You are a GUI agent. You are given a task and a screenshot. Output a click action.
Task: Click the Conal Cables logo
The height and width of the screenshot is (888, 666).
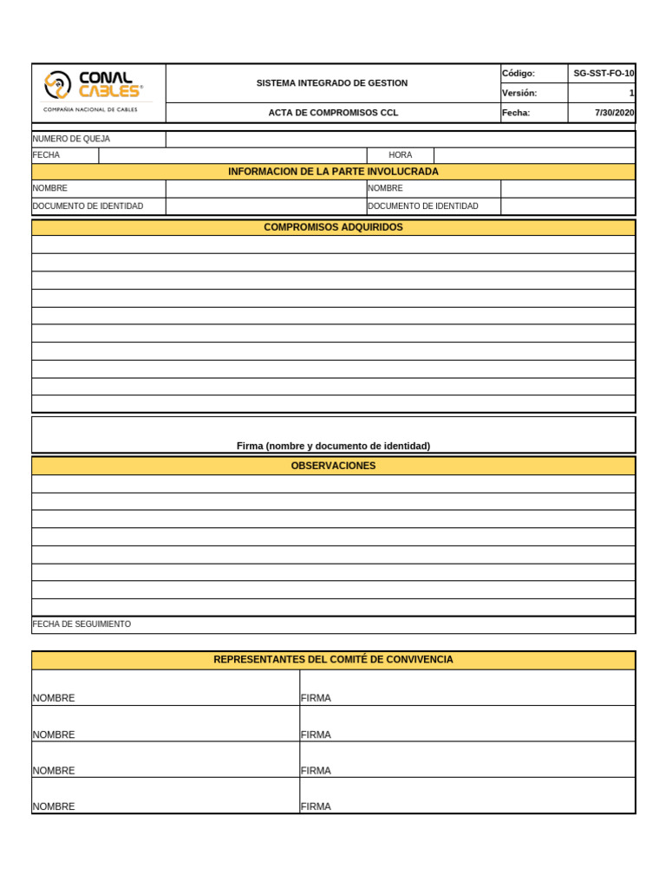click(94, 84)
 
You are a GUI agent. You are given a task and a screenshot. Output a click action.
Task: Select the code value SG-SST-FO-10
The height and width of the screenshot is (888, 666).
click(604, 74)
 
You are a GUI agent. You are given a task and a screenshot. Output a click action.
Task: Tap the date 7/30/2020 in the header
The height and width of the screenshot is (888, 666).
click(614, 113)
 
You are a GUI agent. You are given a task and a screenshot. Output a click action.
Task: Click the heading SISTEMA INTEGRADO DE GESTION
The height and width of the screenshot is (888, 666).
click(332, 83)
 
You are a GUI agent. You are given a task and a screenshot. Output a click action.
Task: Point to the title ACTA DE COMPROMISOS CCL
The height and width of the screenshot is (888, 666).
click(333, 113)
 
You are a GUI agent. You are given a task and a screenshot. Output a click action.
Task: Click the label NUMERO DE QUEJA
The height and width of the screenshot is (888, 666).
click(71, 139)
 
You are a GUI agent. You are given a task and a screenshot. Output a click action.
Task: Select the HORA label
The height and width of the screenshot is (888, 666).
click(401, 155)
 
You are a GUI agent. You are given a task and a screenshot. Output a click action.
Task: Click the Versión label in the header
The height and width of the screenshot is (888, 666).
click(519, 93)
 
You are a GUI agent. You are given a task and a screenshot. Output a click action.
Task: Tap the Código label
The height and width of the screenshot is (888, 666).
click(519, 74)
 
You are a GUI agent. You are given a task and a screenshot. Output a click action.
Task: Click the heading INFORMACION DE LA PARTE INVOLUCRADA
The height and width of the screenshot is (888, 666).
click(333, 172)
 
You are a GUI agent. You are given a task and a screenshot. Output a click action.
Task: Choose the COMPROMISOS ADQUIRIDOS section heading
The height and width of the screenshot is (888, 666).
click(333, 227)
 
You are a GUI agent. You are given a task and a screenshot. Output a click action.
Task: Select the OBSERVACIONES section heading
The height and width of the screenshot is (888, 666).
click(333, 466)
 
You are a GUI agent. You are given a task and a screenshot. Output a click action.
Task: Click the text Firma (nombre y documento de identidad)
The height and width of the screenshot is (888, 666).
click(333, 446)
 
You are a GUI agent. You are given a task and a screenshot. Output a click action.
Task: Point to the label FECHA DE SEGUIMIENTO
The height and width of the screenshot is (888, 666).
click(82, 624)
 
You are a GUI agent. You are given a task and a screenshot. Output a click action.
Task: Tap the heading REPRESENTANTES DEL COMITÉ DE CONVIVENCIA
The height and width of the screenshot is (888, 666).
click(333, 660)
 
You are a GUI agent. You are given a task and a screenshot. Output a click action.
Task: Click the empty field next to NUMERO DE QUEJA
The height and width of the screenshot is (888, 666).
click(400, 139)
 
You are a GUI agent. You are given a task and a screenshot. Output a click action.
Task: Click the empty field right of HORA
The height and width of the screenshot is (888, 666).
click(534, 155)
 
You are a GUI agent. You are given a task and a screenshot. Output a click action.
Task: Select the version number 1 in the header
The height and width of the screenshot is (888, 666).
click(631, 93)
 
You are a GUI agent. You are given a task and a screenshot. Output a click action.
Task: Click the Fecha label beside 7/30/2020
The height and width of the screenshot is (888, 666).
click(516, 113)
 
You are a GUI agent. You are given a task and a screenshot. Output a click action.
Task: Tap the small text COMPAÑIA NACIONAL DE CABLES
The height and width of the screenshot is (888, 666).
click(90, 110)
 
